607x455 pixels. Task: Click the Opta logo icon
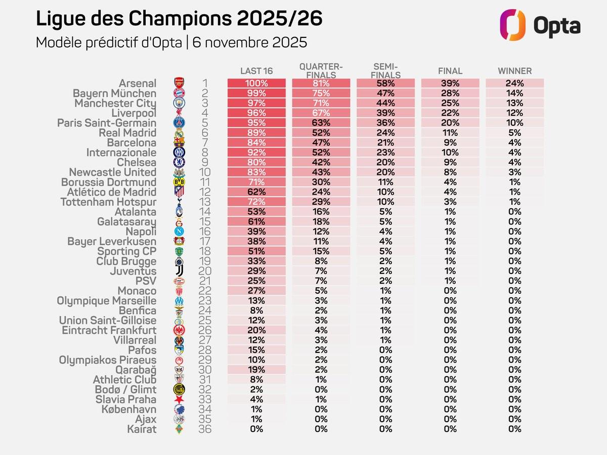tap(513, 25)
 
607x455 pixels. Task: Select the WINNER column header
tap(514, 71)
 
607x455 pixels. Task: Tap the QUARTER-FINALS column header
tap(321, 71)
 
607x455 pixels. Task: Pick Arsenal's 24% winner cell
tap(514, 83)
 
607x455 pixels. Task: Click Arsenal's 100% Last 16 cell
tap(256, 83)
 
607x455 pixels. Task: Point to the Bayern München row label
tap(115, 94)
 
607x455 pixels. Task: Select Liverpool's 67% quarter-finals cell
tap(321, 113)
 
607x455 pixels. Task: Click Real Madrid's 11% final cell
tap(450, 133)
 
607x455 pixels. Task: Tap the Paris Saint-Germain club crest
tap(179, 123)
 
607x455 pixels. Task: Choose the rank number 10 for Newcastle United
tap(204, 172)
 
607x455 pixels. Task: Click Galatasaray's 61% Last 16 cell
tap(256, 222)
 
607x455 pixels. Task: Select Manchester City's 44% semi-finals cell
tap(385, 103)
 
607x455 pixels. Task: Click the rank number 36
tap(204, 429)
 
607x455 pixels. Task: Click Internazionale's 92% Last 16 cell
tap(256, 153)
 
